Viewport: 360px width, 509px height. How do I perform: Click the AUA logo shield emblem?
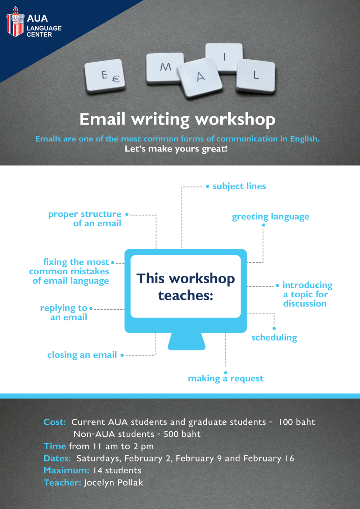coord(15,22)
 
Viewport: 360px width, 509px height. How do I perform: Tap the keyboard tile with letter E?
coord(105,76)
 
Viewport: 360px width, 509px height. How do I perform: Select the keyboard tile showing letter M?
coord(165,68)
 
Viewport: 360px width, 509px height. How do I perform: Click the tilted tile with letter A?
coord(199,77)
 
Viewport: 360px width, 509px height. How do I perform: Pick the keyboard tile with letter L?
coord(256,76)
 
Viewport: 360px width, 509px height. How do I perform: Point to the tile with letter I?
coord(224,58)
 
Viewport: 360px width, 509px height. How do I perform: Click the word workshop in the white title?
coord(235,120)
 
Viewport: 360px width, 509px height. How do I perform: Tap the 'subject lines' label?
coord(239,186)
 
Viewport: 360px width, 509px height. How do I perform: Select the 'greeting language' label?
coord(270,217)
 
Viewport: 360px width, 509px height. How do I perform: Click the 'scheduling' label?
coord(274,338)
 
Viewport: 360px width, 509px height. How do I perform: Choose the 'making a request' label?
coord(225,379)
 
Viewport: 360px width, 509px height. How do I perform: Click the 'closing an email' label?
coord(82,355)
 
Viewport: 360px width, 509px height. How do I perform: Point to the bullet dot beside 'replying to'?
coord(91,308)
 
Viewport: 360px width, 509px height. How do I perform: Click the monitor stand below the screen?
coord(186,341)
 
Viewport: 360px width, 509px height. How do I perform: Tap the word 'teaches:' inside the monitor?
coord(186,296)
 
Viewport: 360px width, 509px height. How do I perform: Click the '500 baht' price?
coord(182,434)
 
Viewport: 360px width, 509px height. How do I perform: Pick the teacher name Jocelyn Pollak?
coord(113,483)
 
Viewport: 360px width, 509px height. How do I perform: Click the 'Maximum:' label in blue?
coord(66,470)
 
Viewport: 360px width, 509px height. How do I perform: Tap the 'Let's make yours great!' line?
coord(176,149)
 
